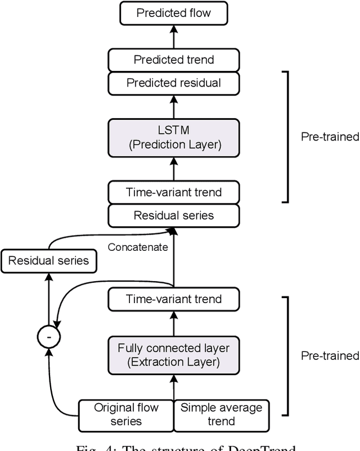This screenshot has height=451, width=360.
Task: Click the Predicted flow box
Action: coord(174,13)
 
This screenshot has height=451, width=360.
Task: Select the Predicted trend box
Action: coord(174,60)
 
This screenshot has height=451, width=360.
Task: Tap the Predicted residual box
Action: coord(174,83)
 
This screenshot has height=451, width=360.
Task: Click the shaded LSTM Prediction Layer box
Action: coord(174,137)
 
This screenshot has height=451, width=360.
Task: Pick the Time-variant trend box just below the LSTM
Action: coord(174,192)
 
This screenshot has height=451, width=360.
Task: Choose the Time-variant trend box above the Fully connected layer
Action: coord(174,299)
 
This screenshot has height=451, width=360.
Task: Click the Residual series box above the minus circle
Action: coord(48,260)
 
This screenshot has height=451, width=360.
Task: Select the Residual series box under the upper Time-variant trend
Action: coord(174,215)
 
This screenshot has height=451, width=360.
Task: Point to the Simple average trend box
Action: coord(222,414)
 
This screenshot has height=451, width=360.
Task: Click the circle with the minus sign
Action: coord(48,336)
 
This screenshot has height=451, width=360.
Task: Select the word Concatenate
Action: coord(138,247)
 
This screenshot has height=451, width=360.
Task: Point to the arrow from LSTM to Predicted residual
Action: coord(174,107)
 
